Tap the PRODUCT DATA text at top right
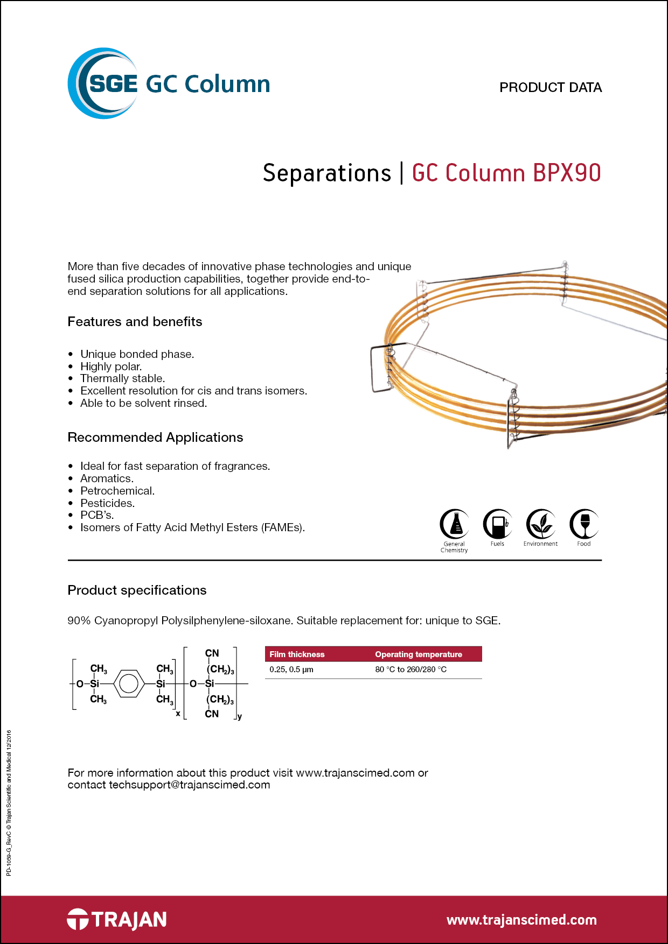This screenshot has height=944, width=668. pos(550,87)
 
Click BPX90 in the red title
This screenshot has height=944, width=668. pos(566,173)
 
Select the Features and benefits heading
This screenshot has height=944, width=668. pos(135,322)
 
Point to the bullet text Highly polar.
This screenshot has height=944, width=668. pos(111,367)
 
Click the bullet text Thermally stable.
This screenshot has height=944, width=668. pos(122,378)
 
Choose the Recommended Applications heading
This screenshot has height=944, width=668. pos(155,438)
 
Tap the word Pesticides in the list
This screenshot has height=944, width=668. pos(107,503)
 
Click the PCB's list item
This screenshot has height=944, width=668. pos(97,515)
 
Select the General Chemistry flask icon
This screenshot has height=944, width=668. pos(455,524)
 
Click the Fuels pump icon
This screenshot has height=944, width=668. pos(498,524)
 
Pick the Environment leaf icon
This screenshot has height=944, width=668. pos(541,524)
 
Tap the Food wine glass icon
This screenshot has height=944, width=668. pos(584,524)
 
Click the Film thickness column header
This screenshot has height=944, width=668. pos(297,654)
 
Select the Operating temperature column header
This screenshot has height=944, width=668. pos(419,654)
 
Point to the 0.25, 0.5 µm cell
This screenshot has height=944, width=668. pos(291,670)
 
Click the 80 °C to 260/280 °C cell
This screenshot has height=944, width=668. pos(411,670)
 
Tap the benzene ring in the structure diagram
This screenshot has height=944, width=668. pos(128,684)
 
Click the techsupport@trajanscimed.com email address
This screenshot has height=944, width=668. pos(190,785)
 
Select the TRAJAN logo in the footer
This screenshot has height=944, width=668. pos(117,919)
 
